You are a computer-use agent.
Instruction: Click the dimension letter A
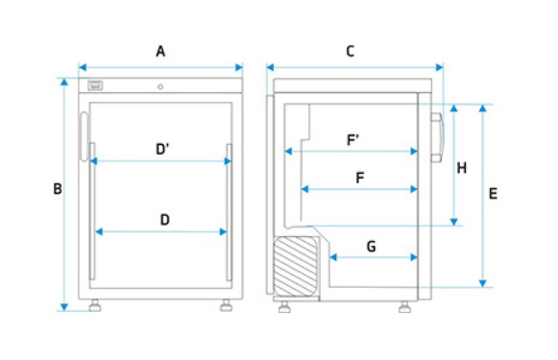[160, 52]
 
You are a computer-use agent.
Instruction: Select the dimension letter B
[58, 189]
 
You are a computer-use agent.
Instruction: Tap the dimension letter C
[351, 52]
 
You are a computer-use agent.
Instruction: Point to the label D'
[162, 149]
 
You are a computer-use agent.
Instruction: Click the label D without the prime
[165, 220]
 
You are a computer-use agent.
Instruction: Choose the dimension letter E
[493, 194]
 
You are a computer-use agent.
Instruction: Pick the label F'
[352, 140]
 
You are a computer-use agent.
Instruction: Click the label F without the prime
[360, 178]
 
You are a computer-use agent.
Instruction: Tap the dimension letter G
[371, 246]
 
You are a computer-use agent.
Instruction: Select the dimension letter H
[462, 168]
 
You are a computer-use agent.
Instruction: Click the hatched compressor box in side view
[295, 267]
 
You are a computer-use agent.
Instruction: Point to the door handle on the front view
[84, 137]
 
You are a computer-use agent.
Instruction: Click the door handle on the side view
[437, 137]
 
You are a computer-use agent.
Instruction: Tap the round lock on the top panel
[160, 86]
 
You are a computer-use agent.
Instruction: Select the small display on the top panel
[95, 85]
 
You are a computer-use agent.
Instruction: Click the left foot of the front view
[95, 305]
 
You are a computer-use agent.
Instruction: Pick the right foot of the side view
[404, 307]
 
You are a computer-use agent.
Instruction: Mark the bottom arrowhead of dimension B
[64, 307]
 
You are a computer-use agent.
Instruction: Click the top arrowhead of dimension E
[482, 108]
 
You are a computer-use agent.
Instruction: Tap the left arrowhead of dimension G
[333, 257]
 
